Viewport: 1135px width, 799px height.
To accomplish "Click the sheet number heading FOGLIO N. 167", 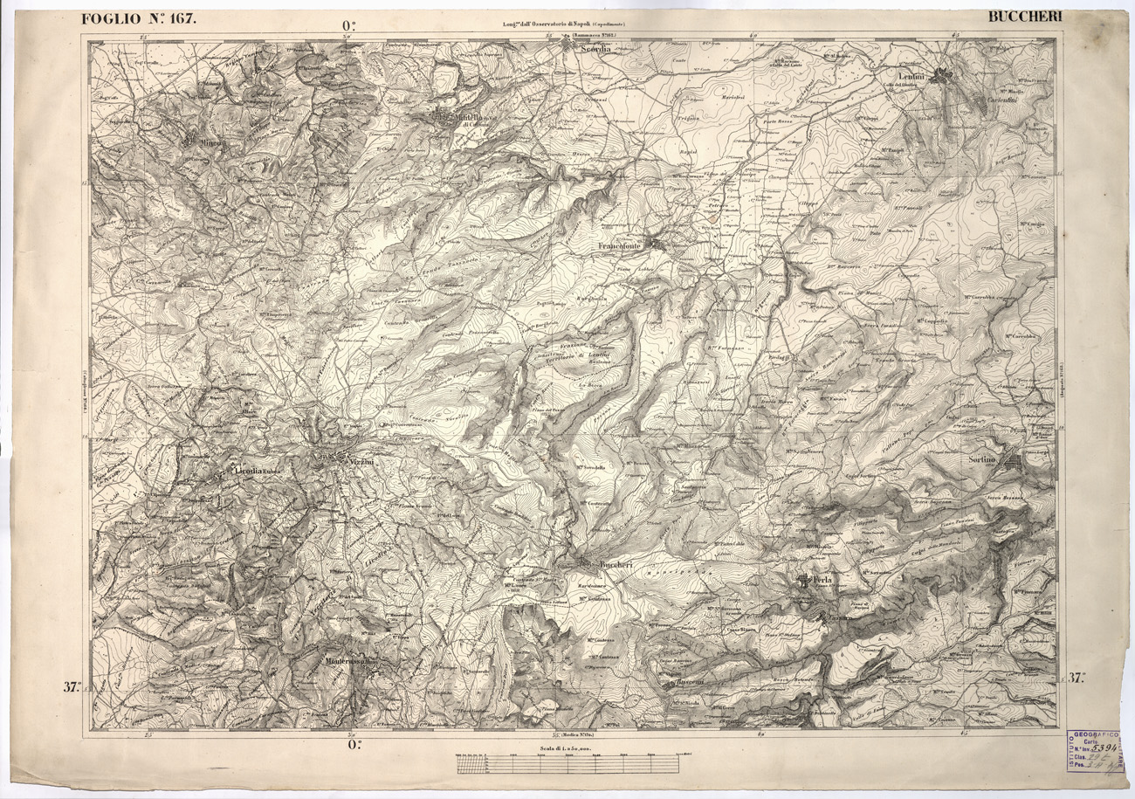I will pos(139,18).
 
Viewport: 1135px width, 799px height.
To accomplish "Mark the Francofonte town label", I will pos(619,246).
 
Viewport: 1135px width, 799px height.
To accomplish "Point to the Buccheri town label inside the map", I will pos(616,567).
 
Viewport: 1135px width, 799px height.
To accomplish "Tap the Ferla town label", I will pos(825,580).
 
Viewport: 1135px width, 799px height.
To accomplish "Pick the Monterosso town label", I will pos(348,662).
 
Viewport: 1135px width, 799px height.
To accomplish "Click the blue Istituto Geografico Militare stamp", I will pos(1096,751).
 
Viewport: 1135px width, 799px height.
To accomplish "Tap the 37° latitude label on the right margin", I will pos(1077,678).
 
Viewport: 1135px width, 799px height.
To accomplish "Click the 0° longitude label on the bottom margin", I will pos(354,745).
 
